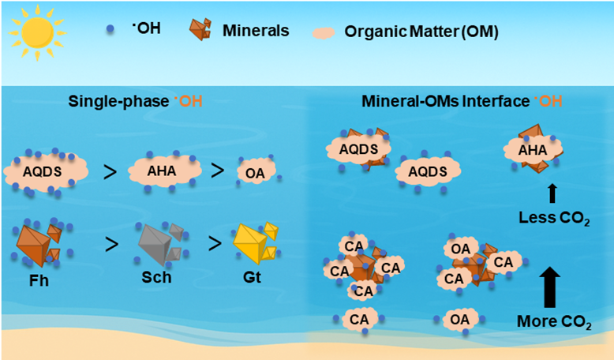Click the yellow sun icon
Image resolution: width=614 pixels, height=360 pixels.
coord(35,35)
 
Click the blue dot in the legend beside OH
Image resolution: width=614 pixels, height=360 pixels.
coord(107,30)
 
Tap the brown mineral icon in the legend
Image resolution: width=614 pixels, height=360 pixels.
coord(199,29)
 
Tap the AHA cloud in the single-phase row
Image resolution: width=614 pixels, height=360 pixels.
coord(161,167)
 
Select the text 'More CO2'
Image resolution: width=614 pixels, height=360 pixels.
coord(552,321)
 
